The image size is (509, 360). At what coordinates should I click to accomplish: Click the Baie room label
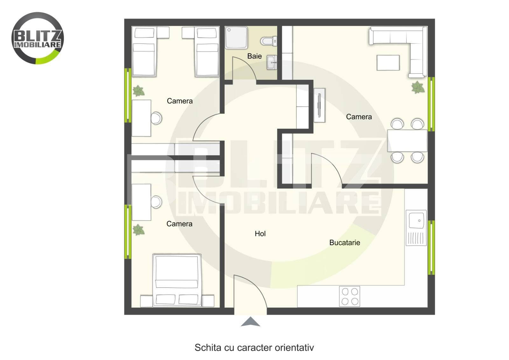254,56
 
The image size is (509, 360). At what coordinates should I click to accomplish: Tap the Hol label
260,233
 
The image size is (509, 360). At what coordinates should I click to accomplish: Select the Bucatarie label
345,243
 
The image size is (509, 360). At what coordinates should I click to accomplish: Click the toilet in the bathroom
268,41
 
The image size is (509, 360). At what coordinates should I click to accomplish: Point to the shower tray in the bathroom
236,38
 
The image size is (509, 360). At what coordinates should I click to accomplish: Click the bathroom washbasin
272,62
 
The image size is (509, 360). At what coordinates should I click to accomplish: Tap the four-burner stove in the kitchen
350,296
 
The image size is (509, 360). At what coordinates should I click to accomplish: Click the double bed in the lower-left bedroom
177,280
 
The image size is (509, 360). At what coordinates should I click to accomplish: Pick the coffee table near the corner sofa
388,63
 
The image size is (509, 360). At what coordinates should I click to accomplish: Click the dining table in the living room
408,141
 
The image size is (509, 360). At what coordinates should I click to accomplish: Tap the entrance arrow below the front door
250,322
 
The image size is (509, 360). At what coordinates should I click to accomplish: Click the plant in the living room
418,87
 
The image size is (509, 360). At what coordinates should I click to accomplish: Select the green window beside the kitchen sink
431,247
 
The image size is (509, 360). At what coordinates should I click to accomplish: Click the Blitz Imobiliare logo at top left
38,38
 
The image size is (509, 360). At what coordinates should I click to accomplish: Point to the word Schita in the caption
208,348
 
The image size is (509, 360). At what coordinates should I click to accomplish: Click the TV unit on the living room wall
319,105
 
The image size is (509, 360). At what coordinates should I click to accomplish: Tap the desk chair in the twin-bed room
157,118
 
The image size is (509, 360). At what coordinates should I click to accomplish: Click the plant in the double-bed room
138,230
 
